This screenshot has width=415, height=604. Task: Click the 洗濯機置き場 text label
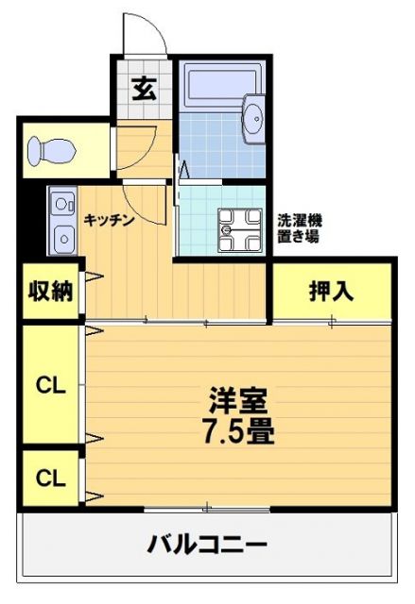click(299, 227)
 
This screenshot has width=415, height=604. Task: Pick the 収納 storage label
click(49, 291)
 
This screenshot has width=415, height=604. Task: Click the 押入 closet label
click(331, 292)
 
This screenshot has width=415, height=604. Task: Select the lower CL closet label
click(49, 478)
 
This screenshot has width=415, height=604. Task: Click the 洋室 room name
click(235, 399)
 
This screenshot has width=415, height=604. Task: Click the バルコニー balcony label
click(207, 545)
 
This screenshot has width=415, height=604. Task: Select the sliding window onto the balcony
click(206, 510)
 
